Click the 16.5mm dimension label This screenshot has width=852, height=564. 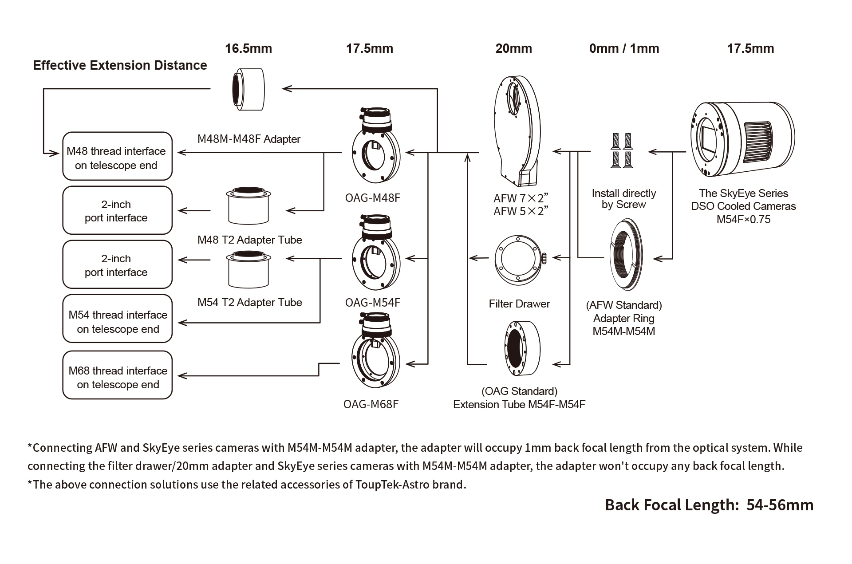click(x=248, y=48)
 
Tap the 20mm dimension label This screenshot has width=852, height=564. click(x=513, y=48)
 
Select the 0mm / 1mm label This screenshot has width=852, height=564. click(x=624, y=48)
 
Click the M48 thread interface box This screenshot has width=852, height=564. click(x=117, y=156)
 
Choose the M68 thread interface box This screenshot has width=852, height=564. click(x=117, y=375)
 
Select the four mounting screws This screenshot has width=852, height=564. click(x=621, y=150)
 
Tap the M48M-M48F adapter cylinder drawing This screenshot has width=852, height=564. click(x=248, y=89)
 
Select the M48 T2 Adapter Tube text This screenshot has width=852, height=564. click(x=249, y=240)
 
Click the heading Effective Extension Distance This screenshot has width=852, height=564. click(x=120, y=66)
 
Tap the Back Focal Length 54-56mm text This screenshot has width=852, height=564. click(x=709, y=505)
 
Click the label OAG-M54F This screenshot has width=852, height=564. click(x=372, y=303)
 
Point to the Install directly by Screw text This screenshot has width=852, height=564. click(x=623, y=199)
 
